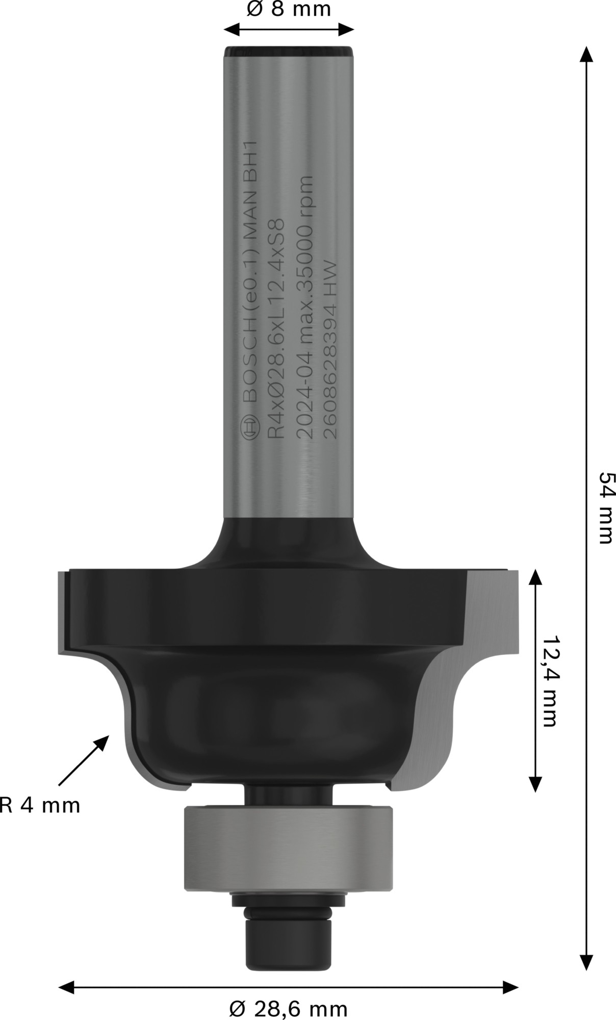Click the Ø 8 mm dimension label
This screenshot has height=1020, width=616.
(289, 9)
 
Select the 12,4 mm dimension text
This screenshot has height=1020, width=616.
(550, 681)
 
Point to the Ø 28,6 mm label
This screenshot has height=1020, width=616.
(289, 1009)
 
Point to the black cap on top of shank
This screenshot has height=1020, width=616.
(289, 52)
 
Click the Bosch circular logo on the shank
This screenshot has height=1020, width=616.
(251, 426)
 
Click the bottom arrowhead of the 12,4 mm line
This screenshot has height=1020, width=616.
(534, 783)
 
